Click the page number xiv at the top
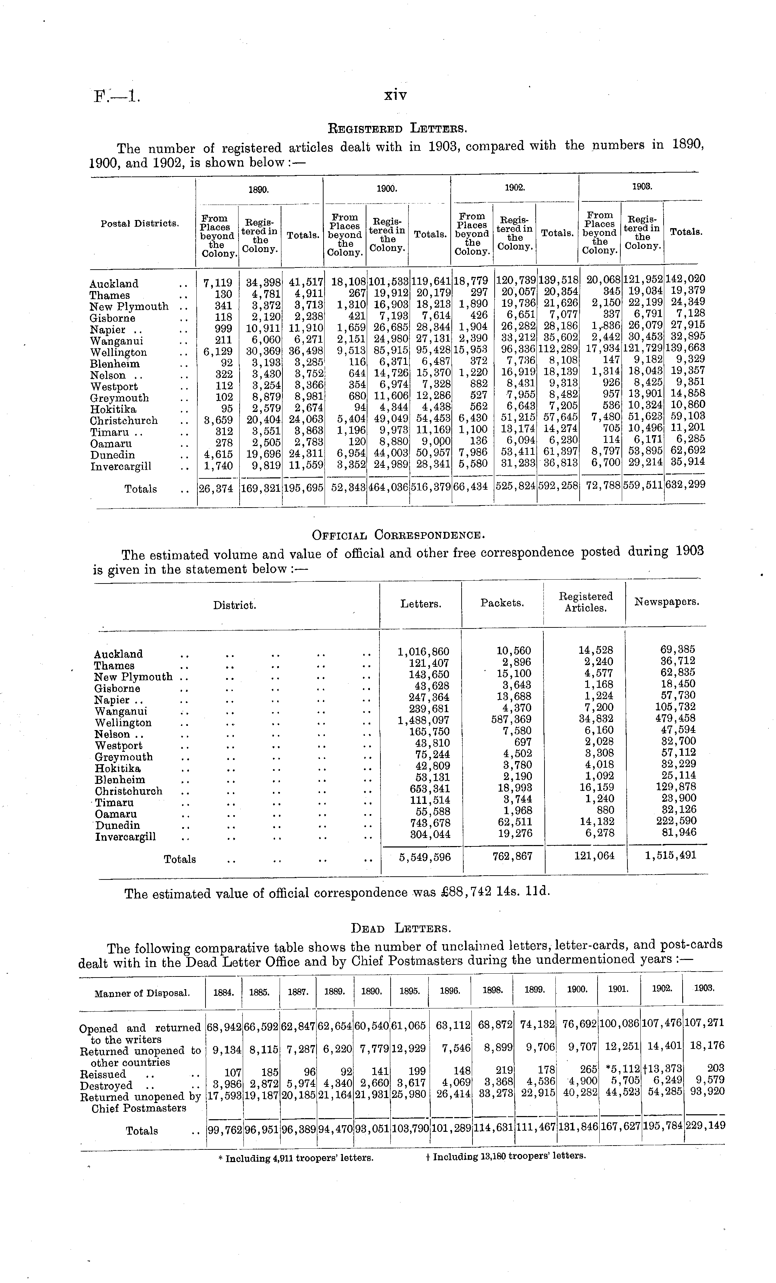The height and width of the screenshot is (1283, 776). click(395, 96)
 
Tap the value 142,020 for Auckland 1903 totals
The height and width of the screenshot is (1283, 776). click(685, 279)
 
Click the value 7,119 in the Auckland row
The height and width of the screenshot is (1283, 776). click(217, 283)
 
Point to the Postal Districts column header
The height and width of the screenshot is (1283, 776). click(140, 224)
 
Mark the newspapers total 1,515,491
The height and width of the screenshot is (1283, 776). click(670, 855)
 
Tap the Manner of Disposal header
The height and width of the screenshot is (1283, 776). click(142, 993)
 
